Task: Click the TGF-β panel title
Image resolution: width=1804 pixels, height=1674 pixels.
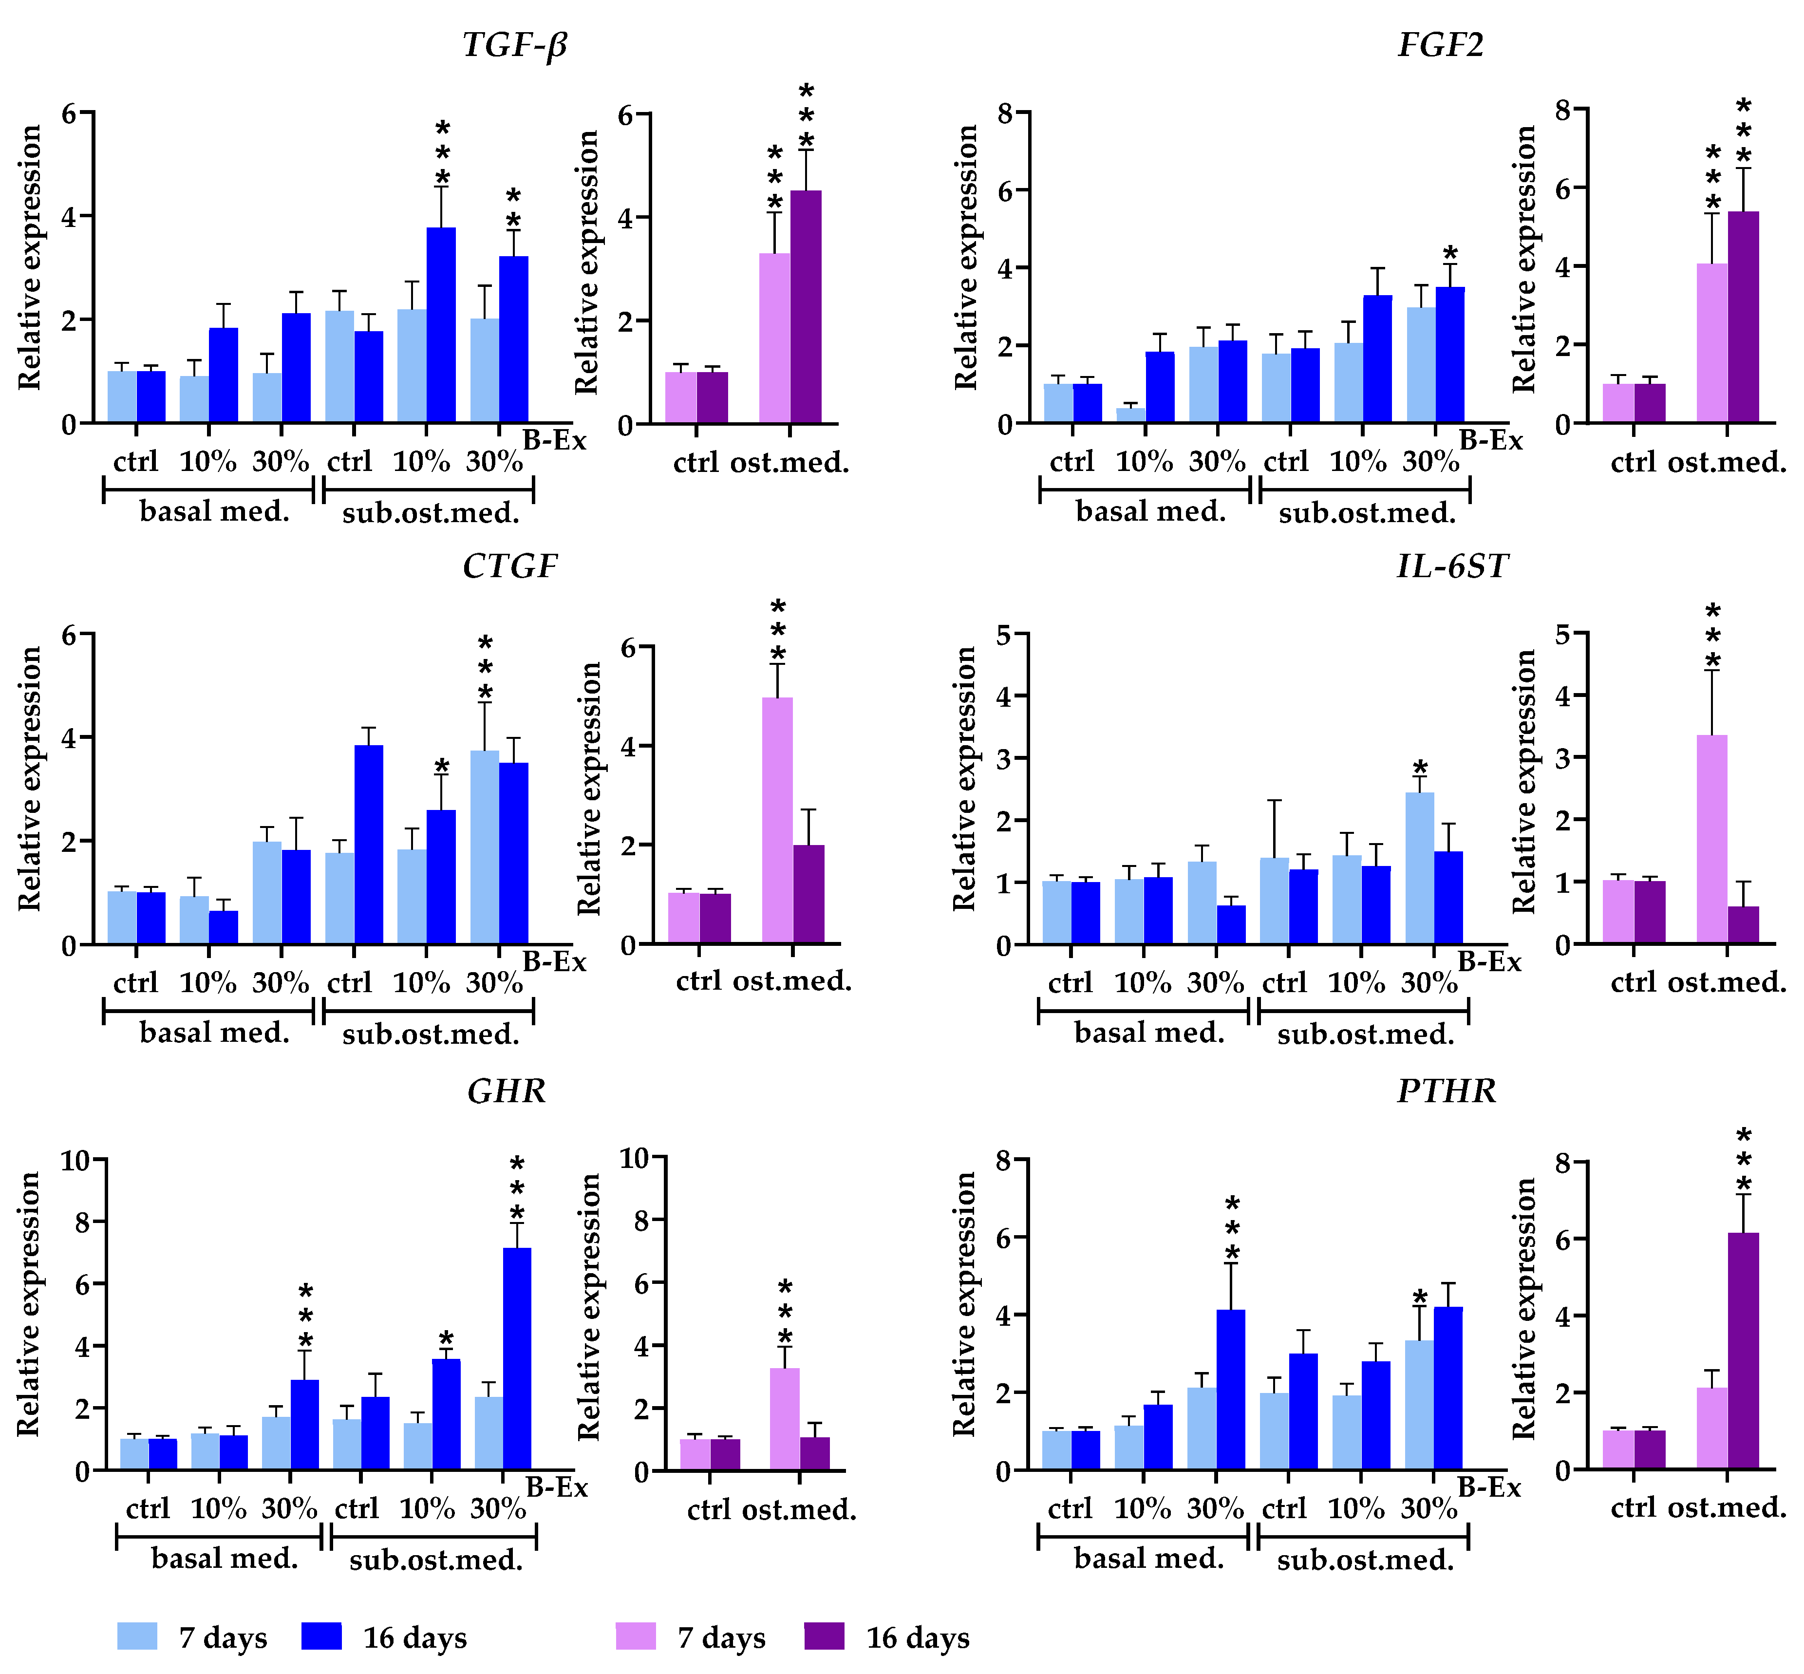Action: pyautogui.click(x=514, y=44)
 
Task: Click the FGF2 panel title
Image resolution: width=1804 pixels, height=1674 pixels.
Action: pyautogui.click(x=1440, y=44)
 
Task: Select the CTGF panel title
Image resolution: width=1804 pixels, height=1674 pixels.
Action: pyautogui.click(x=510, y=566)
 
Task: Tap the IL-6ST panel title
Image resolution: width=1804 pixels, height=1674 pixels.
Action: pyautogui.click(x=1452, y=566)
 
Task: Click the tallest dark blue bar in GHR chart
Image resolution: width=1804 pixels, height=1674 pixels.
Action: pyautogui.click(x=517, y=1359)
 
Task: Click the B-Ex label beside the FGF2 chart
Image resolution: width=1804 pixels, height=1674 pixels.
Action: pyautogui.click(x=1491, y=441)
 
